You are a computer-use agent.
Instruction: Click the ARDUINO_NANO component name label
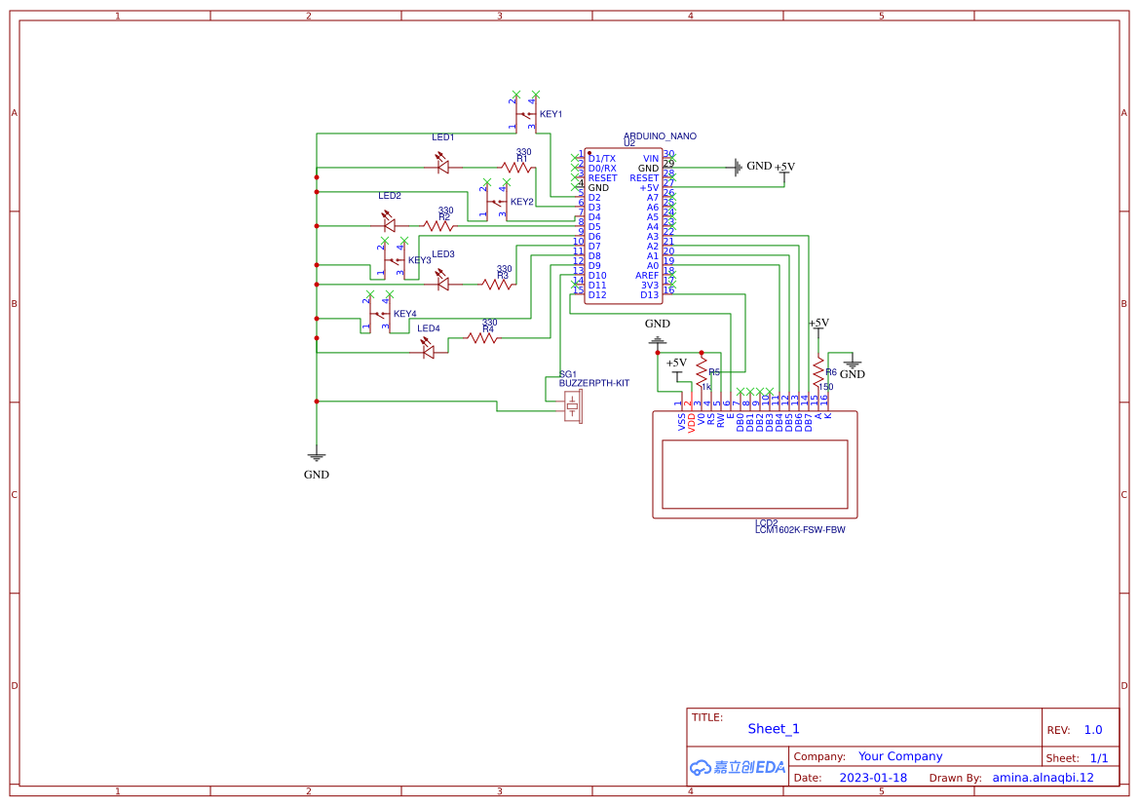click(660, 136)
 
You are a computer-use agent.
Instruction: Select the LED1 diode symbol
click(443, 168)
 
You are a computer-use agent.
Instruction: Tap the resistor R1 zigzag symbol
click(516, 168)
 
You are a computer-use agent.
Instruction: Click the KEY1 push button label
click(551, 114)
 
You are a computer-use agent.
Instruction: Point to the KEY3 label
click(419, 260)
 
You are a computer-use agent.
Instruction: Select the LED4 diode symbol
click(429, 353)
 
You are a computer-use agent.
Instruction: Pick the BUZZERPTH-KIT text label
click(593, 383)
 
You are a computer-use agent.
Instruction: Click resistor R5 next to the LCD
click(701, 367)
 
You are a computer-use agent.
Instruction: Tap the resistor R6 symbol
click(817, 371)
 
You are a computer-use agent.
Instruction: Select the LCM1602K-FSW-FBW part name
click(799, 530)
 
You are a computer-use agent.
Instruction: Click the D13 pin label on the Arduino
click(649, 294)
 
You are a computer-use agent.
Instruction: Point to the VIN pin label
click(651, 158)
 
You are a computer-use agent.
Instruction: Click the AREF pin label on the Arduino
click(647, 275)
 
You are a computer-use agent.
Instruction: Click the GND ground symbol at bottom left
click(316, 455)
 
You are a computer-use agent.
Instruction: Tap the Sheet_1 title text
click(773, 728)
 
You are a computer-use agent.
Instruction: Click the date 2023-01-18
click(873, 778)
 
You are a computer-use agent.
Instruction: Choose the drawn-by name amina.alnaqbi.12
click(1043, 778)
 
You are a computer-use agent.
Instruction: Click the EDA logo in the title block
click(737, 767)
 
